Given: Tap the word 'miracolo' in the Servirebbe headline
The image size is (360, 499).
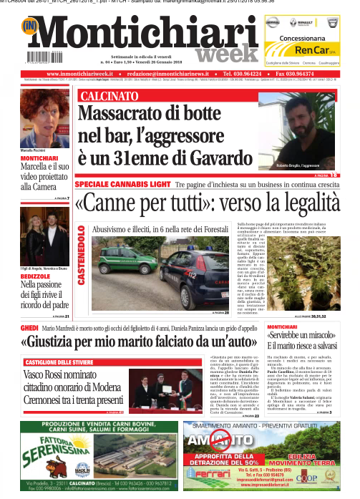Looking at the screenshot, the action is [x=312, y=337].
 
